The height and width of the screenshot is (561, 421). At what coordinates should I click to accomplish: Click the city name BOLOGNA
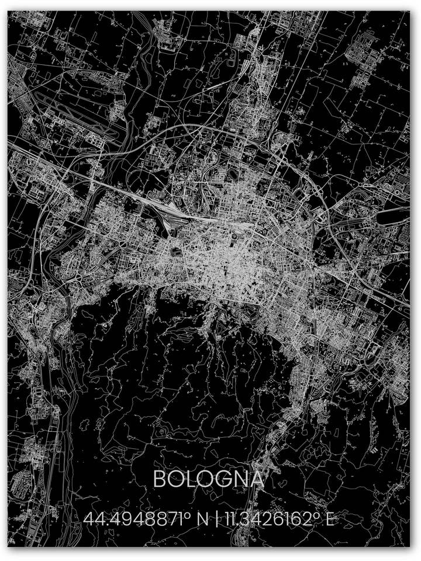pos(208,480)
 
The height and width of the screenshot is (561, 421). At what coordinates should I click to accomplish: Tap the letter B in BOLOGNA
pos(159,480)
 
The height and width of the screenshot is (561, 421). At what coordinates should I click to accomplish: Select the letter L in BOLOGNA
pos(192,480)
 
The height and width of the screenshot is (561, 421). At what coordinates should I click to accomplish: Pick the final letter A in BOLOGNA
pos(256,480)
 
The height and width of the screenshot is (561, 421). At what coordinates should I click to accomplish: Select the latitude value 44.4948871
pos(134,518)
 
